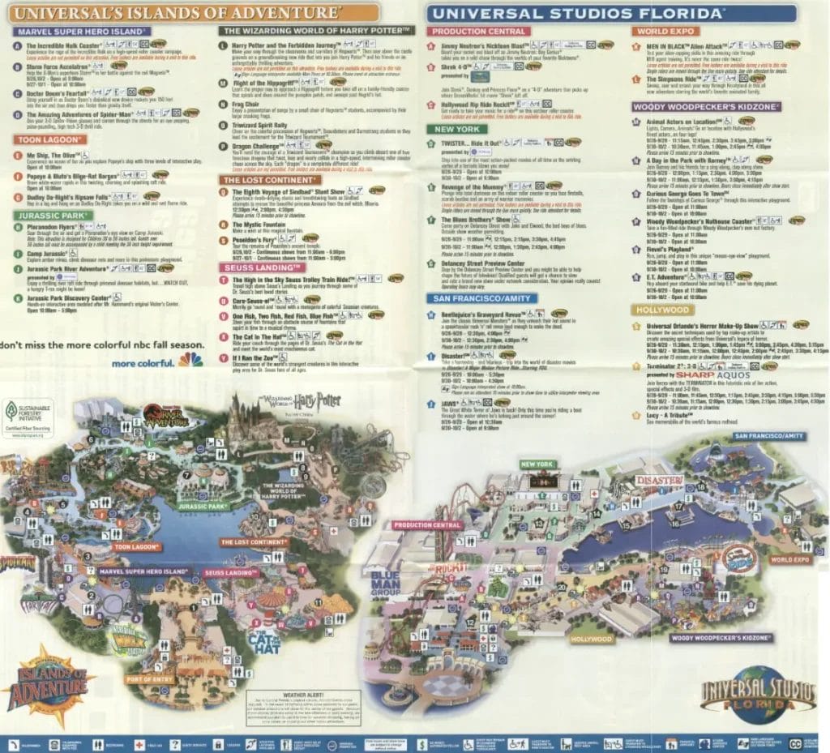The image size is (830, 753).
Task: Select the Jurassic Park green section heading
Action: click(50, 216)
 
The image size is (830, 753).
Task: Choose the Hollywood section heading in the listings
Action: click(662, 310)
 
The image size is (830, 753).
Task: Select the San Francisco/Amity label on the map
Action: click(770, 436)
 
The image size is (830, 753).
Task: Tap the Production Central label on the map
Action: click(427, 524)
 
